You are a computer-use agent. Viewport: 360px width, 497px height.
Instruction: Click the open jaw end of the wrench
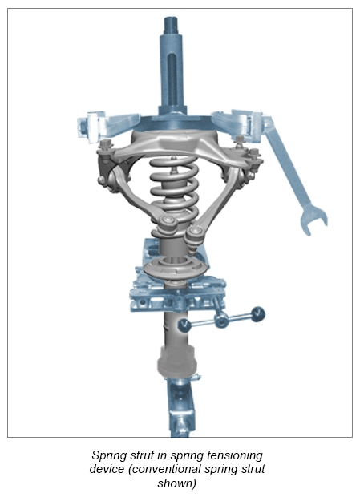click(x=312, y=221)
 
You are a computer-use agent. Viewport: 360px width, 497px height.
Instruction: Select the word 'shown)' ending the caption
click(x=177, y=483)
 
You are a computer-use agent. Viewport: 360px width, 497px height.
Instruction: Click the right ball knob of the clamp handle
click(x=258, y=313)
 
